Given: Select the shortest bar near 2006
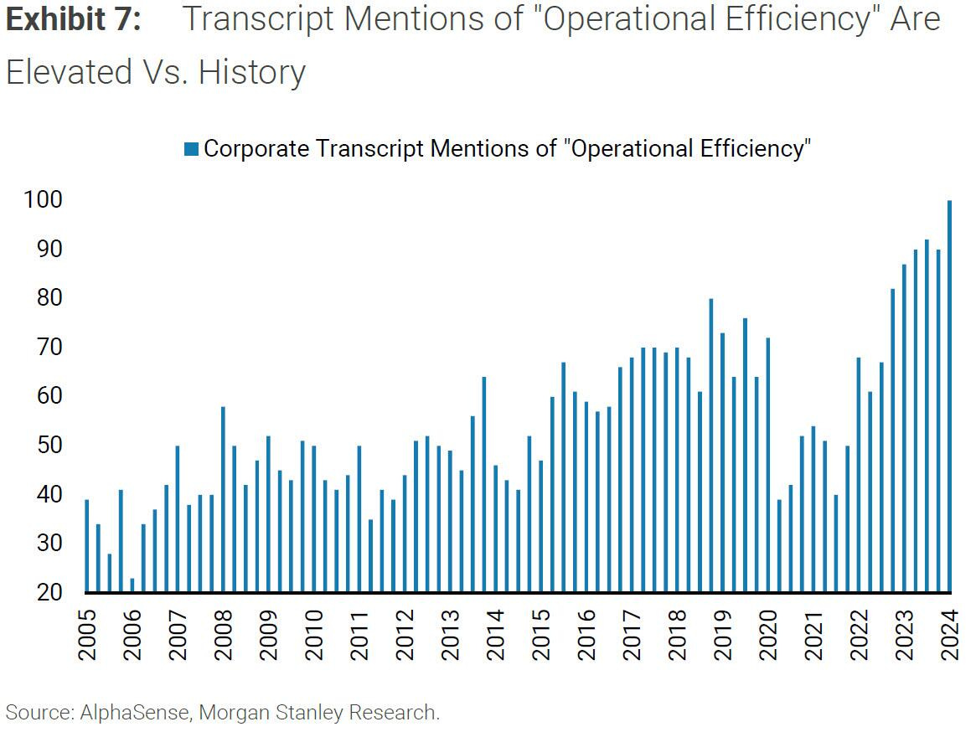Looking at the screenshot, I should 132,585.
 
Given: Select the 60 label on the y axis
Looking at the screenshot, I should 44,396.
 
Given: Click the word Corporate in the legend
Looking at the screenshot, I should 256,149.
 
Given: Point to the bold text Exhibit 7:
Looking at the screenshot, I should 73,20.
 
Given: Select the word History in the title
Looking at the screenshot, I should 252,72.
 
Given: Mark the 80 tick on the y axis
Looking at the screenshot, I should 44,298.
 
